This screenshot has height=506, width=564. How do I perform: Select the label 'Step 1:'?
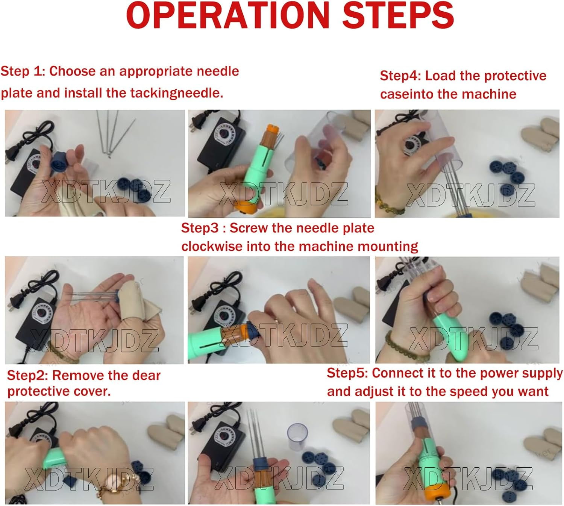coord(23,71)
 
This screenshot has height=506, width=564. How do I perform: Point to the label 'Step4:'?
coord(400,76)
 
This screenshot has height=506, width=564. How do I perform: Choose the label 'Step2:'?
coord(27,376)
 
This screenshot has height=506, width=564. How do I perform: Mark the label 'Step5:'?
coord(347,373)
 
